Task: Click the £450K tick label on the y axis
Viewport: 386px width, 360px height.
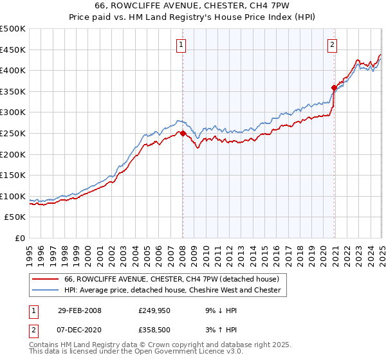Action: [x=13, y=50]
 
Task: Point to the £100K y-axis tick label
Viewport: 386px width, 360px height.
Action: [x=13, y=196]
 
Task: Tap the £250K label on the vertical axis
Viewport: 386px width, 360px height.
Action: [x=13, y=133]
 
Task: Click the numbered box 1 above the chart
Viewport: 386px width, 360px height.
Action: [x=182, y=45]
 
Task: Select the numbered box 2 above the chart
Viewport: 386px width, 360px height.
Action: [x=332, y=45]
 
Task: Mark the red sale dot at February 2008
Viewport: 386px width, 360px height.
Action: [x=183, y=133]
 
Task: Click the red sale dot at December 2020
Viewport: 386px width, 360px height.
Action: [x=334, y=87]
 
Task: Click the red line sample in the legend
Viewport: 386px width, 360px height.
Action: [x=44, y=279]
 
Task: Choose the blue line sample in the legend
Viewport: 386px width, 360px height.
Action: [x=44, y=290]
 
